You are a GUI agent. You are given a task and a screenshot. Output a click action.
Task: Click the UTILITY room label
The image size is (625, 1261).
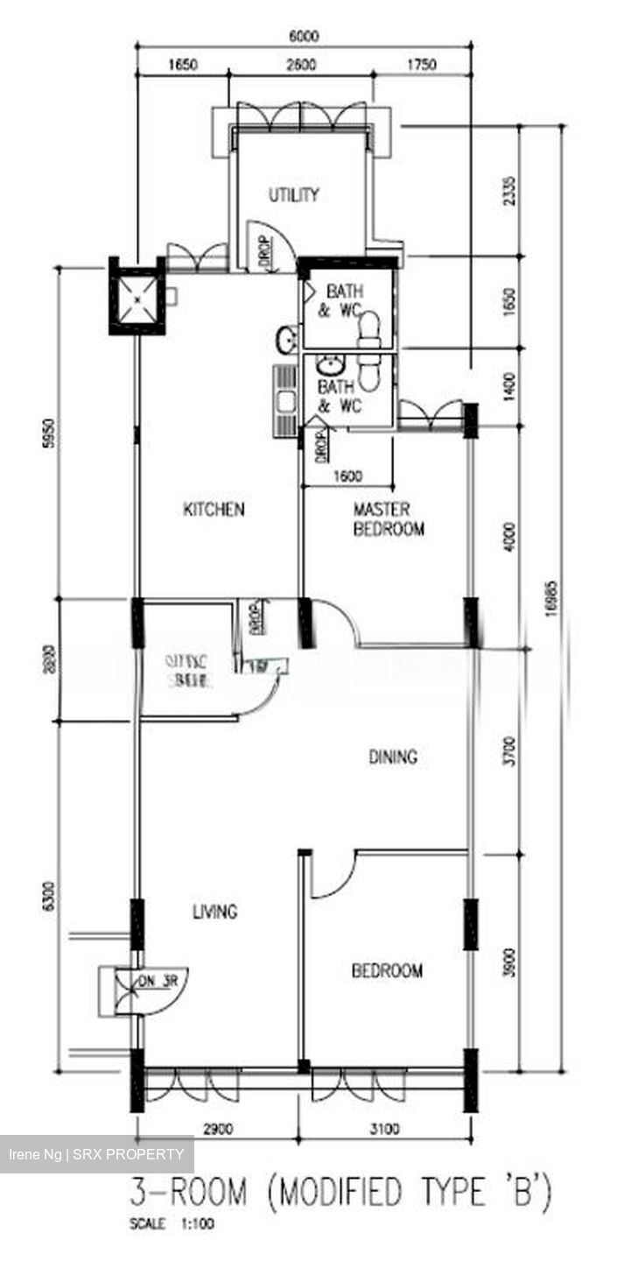click(293, 194)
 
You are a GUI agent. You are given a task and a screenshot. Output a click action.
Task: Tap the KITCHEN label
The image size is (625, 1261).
click(214, 509)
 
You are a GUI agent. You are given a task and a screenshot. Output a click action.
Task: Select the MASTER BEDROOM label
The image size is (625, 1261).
click(389, 519)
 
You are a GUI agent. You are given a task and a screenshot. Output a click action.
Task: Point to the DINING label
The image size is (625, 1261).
click(392, 757)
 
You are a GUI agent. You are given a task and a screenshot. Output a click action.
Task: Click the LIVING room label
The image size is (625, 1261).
click(214, 912)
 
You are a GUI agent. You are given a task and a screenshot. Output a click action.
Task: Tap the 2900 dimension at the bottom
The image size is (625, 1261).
click(217, 1130)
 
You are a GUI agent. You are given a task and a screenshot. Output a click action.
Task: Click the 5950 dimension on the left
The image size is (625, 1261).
click(49, 433)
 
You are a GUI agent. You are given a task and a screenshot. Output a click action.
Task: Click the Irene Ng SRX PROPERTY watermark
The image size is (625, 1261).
click(96, 1155)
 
